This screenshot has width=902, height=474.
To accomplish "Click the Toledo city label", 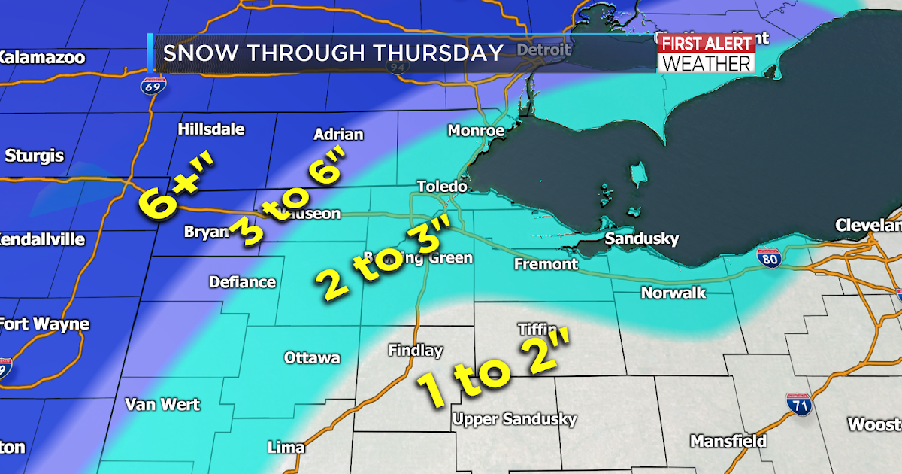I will (443, 186).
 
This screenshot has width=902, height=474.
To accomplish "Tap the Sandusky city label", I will (643, 239).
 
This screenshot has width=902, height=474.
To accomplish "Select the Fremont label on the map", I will (546, 264).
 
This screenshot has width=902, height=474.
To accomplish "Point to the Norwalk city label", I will (673, 293).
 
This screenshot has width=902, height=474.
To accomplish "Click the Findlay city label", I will (416, 351).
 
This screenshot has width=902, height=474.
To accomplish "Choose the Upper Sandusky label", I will (515, 419).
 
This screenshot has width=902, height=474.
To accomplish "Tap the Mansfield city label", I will (728, 441).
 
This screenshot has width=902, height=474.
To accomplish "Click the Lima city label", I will (286, 448).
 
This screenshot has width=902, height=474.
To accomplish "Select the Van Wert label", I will (162, 405).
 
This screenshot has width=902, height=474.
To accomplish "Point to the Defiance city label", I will (242, 282).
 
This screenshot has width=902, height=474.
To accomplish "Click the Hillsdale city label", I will (211, 129).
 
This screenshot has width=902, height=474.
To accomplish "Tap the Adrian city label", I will (337, 135).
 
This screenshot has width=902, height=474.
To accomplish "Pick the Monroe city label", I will (476, 130).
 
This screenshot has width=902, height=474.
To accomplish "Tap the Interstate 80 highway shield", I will (769, 258).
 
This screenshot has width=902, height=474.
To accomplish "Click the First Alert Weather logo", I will (706, 53).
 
